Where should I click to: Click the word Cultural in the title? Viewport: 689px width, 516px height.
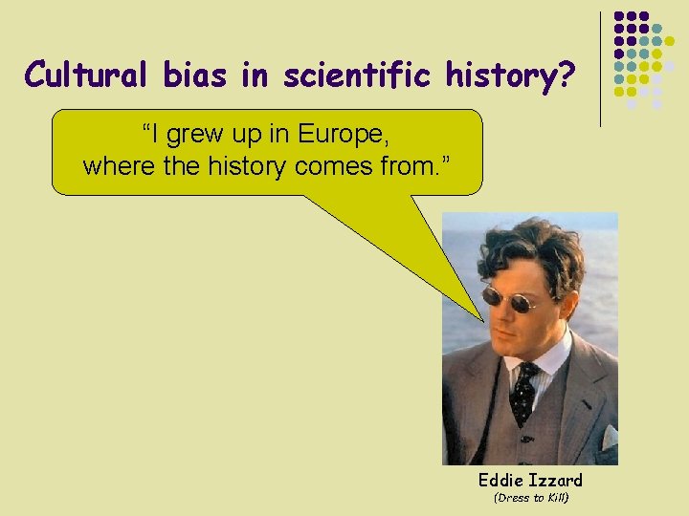point(82,75)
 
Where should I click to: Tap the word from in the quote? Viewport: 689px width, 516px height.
point(417,166)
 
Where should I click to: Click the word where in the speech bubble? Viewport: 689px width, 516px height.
point(114,166)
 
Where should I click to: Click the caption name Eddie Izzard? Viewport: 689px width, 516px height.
point(530,480)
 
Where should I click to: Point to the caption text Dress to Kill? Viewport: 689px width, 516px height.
point(530,498)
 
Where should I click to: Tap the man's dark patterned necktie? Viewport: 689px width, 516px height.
point(523,390)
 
